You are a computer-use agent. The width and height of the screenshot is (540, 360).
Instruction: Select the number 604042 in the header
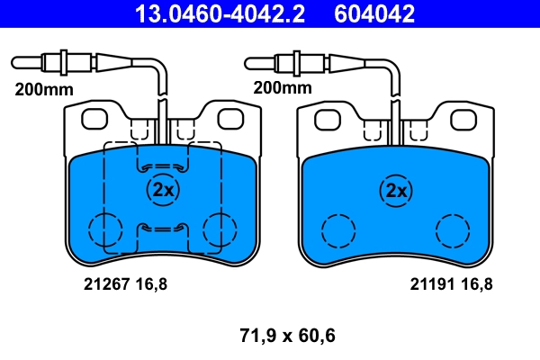374,13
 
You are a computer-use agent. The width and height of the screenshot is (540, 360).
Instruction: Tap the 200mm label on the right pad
282,88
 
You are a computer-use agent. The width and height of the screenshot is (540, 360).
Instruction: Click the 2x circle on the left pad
163,190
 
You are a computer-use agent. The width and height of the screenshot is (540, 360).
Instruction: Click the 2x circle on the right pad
395,190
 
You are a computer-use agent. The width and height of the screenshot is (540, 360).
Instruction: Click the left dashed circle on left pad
104,229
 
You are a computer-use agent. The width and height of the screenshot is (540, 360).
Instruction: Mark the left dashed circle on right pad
339,230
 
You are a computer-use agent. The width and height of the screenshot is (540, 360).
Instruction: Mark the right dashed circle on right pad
452,230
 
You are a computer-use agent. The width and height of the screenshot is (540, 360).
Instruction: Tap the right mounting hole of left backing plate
231,117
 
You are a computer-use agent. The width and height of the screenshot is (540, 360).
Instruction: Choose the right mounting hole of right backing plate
463,118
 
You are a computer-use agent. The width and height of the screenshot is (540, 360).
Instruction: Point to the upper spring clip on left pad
163,166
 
